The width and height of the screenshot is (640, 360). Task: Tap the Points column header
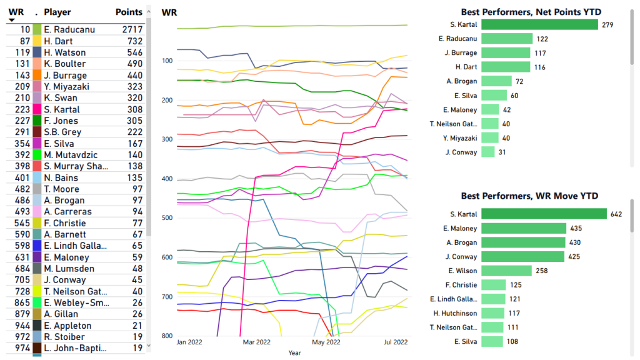pyautogui.click(x=129, y=12)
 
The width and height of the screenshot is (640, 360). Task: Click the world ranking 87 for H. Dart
pyautogui.click(x=25, y=41)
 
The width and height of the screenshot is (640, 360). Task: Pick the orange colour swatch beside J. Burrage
pyautogui.click(x=37, y=75)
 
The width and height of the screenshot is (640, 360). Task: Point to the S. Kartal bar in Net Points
pyautogui.click(x=540, y=24)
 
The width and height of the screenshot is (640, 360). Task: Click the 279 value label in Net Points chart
pyautogui.click(x=607, y=25)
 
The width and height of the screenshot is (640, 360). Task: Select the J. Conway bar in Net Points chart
pyautogui.click(x=488, y=152)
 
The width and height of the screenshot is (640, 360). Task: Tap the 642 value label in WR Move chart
pyautogui.click(x=616, y=214)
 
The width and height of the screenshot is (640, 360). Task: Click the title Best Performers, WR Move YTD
pyautogui.click(x=534, y=196)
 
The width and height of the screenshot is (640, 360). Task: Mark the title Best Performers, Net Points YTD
pyautogui.click(x=535, y=11)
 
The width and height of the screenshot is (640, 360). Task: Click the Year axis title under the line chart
pyautogui.click(x=294, y=352)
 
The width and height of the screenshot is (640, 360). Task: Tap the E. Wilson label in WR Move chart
pyautogui.click(x=462, y=271)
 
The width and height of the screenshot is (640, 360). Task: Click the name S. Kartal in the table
pyautogui.click(x=61, y=109)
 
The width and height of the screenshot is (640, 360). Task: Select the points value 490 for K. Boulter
pyautogui.click(x=136, y=64)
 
